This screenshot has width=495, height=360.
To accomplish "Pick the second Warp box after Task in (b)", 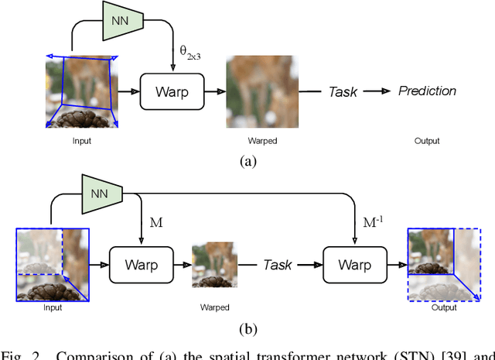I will [354, 265].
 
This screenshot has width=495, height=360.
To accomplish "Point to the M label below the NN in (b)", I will [155, 223].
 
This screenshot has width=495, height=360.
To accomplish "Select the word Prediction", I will [427, 91].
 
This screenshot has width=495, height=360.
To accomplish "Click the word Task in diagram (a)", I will [343, 91].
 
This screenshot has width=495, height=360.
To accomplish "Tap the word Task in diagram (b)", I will [278, 265].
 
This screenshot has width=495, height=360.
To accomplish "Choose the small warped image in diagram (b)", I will [215, 264].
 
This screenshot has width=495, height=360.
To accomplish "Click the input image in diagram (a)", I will [81, 91].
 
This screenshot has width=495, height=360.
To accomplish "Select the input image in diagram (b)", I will [53, 266].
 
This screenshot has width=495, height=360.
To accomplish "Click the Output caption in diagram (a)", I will [426, 141].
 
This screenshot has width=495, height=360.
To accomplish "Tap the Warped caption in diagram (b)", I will [214, 307].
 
